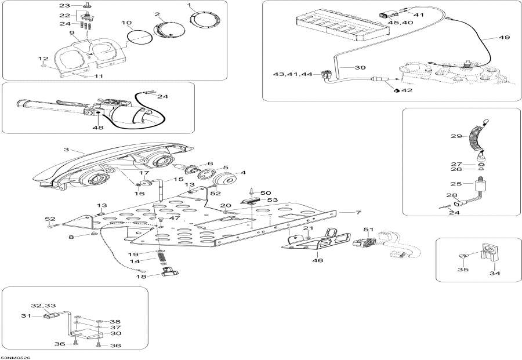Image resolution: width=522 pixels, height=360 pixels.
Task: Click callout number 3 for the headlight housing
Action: tap(66, 150)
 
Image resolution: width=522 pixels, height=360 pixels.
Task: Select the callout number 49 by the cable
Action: tap(503, 38)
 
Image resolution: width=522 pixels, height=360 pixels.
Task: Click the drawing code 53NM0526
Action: tap(15, 357)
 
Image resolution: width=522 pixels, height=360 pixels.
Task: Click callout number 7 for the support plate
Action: tap(358, 213)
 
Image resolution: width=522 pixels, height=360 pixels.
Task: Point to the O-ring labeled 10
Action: tap(140, 35)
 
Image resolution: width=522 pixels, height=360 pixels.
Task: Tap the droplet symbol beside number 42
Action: tap(396, 90)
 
